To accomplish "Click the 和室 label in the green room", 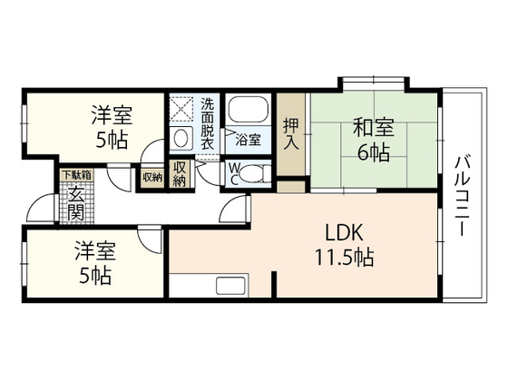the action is pyautogui.click(x=373, y=127).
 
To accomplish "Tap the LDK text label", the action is pyautogui.click(x=344, y=232).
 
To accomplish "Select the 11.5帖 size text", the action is pyautogui.click(x=344, y=258).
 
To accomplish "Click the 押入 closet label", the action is pyautogui.click(x=291, y=134).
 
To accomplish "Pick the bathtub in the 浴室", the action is pyautogui.click(x=249, y=109).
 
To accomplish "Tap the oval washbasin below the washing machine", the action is pyautogui.click(x=181, y=139).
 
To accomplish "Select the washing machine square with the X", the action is pyautogui.click(x=181, y=108).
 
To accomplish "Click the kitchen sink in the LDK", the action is pyautogui.click(x=230, y=286).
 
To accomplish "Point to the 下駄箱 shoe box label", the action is pyautogui.click(x=77, y=175).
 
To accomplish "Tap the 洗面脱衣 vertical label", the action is pyautogui.click(x=208, y=123).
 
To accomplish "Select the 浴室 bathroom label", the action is pyautogui.click(x=249, y=140).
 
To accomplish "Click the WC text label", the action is pyautogui.click(x=235, y=174).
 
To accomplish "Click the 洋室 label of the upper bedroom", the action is pyautogui.click(x=112, y=115).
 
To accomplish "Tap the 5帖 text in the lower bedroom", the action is pyautogui.click(x=95, y=275).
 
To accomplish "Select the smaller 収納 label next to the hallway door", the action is pyautogui.click(x=152, y=177).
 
